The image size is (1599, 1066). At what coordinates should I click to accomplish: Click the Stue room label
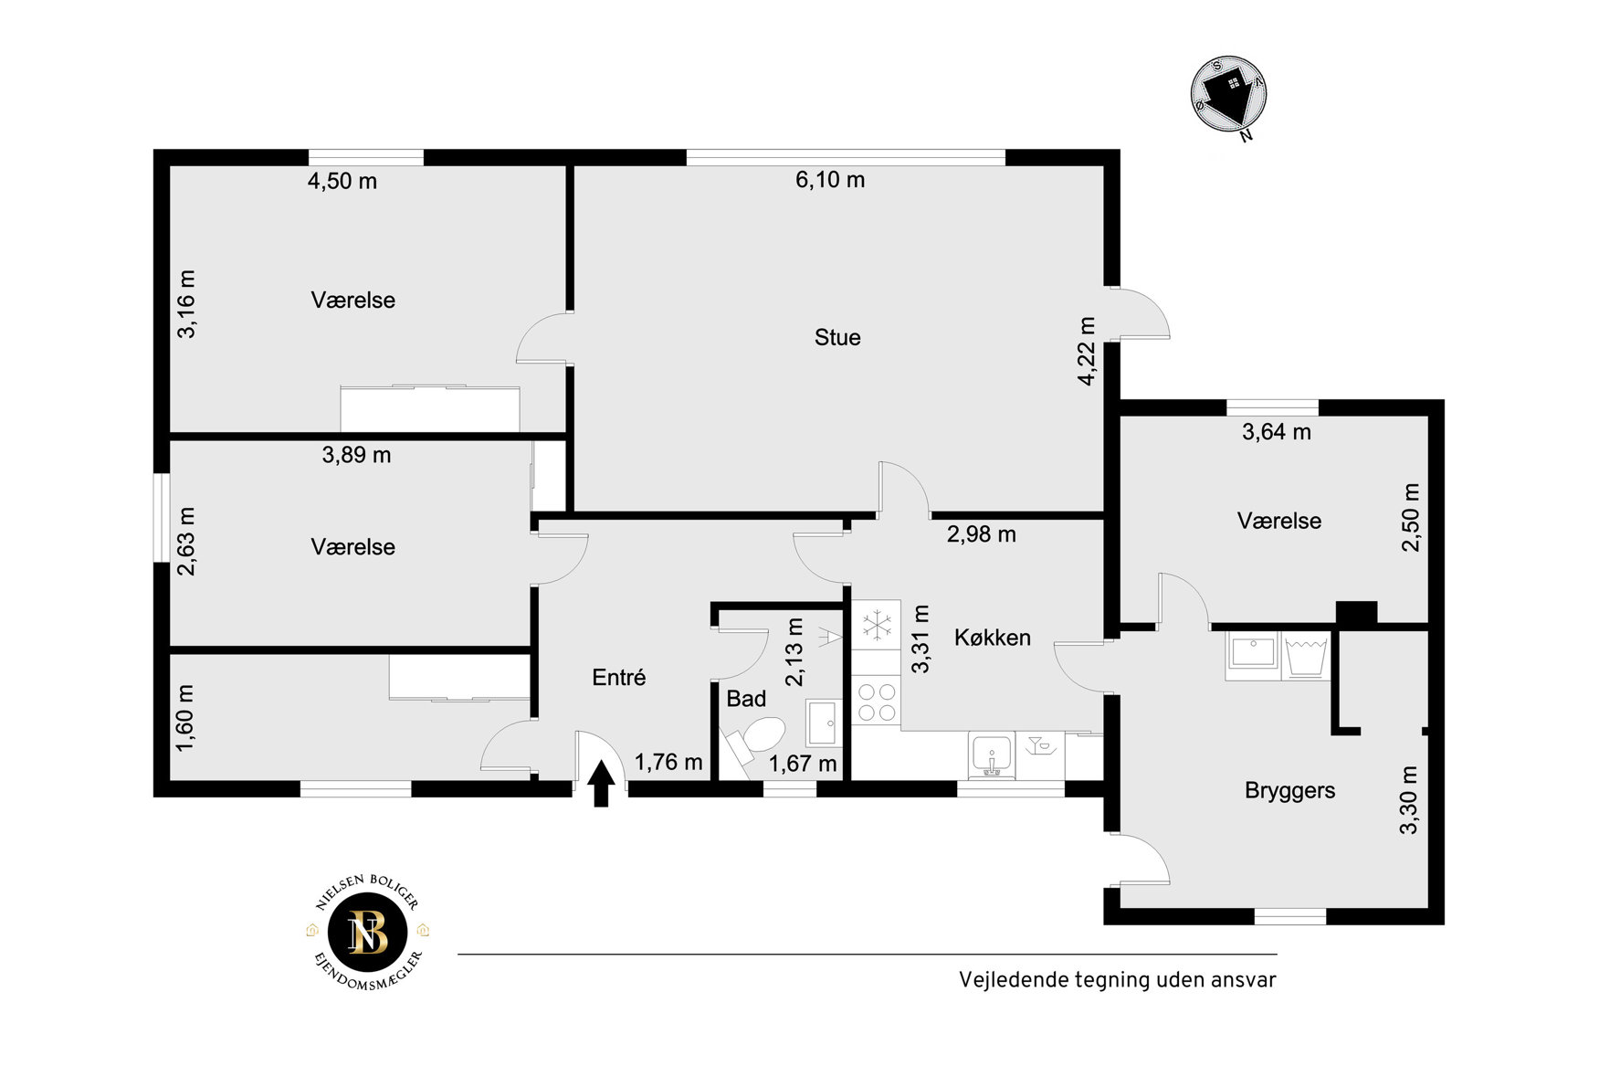[x=837, y=338]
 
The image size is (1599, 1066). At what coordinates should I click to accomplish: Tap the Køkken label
[x=993, y=638]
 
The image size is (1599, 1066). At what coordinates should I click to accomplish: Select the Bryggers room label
[x=1289, y=791]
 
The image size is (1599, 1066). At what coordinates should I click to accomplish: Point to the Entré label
[x=619, y=677]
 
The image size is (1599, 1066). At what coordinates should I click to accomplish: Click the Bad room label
[x=746, y=699]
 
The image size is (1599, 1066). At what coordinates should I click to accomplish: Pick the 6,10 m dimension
[x=830, y=180]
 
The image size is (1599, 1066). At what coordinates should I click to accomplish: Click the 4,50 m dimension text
[x=342, y=181]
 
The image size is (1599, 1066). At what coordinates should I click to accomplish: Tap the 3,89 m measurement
[x=356, y=455]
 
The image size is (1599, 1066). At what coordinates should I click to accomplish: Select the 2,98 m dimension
[x=982, y=534]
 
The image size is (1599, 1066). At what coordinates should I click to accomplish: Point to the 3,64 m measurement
[x=1277, y=432]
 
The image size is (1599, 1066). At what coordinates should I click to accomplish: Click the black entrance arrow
[x=601, y=784]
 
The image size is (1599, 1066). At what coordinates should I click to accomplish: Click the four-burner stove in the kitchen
[x=877, y=702]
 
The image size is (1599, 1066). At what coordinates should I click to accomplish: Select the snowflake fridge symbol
[x=877, y=626]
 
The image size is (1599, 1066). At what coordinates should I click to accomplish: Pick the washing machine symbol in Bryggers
[x=1306, y=656]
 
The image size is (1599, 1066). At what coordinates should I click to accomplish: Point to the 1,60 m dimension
[x=185, y=718]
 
